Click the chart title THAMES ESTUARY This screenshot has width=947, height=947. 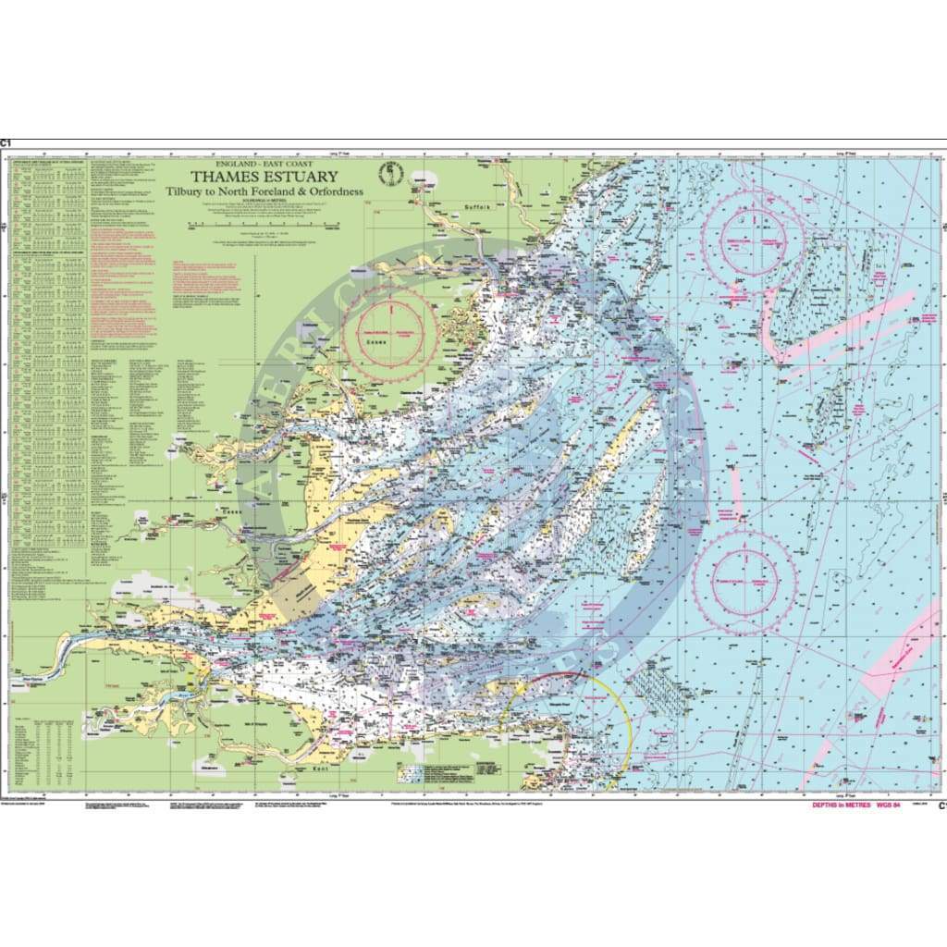click(264, 177)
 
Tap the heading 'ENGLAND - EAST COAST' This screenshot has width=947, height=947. click(264, 164)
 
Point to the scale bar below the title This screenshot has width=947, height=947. click(264, 223)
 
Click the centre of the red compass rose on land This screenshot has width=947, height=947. click(389, 334)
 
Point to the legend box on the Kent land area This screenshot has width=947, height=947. click(435, 771)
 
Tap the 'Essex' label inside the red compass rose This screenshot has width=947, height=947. click(376, 340)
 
